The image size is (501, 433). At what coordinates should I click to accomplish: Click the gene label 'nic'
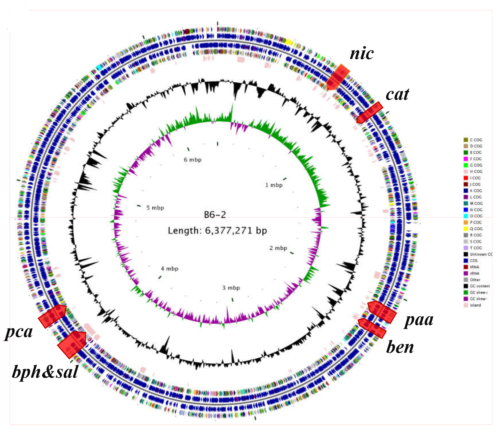362,54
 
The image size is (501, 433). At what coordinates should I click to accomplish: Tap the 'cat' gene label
397,94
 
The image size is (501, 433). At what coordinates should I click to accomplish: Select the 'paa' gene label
419,320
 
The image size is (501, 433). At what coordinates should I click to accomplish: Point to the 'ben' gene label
400,347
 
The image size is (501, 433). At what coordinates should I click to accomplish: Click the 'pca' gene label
19,332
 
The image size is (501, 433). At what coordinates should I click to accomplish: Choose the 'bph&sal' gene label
45,372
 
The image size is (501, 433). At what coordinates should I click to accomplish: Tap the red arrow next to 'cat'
370,113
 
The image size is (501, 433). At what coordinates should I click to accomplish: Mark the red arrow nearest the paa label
382,312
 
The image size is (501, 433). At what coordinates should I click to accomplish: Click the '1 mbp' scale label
274,185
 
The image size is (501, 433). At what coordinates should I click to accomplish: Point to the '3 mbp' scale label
231,288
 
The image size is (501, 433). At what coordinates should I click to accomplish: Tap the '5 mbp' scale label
155,208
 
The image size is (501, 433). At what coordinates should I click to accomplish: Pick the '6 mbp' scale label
192,160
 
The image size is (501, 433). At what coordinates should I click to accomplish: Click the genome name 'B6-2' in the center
215,215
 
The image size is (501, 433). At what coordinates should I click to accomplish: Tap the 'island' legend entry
475,305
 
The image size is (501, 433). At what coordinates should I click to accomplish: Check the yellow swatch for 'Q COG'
466,229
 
